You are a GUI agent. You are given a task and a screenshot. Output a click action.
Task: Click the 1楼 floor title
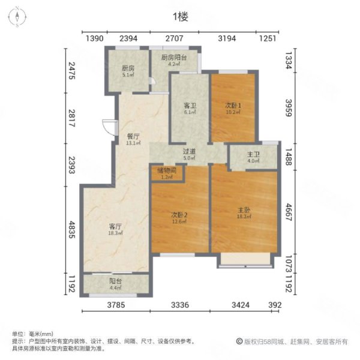[179, 17]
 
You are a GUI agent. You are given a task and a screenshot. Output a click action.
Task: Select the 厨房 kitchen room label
[127, 68]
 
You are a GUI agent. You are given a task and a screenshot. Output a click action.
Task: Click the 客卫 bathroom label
[189, 106]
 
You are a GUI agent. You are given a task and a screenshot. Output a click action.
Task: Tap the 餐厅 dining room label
[133, 136]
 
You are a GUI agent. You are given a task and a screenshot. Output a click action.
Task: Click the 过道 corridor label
[189, 152]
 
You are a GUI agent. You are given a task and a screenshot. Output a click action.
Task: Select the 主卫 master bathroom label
[252, 154]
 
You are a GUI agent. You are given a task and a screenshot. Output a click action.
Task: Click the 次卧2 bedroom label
[180, 214]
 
